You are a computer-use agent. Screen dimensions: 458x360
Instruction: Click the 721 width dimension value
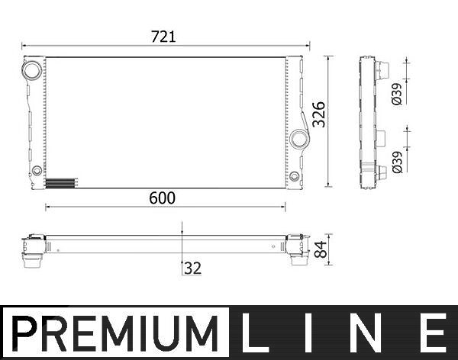[x=163, y=37]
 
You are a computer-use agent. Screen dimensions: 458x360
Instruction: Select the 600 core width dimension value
[x=162, y=198]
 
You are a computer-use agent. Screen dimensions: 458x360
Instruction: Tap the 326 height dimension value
[x=318, y=114]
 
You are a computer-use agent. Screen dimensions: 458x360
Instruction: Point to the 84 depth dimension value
[x=321, y=249]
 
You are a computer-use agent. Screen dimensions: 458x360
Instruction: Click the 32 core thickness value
[x=193, y=268]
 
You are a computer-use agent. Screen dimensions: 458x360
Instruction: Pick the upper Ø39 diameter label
[x=397, y=94]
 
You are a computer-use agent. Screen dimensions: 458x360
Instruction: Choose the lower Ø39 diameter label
[x=397, y=162]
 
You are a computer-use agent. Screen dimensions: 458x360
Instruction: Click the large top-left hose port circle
[x=32, y=69]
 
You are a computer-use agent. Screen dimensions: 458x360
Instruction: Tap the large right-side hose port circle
[x=299, y=139]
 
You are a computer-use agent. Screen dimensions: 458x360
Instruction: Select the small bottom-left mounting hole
[x=37, y=170]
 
